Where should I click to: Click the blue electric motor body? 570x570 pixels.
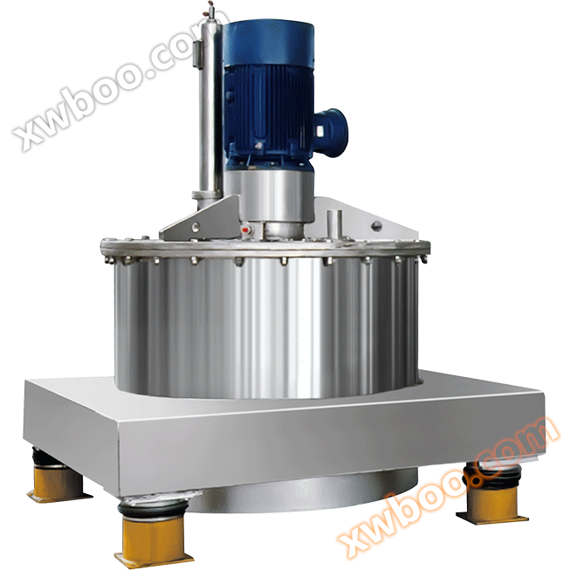point(268,94)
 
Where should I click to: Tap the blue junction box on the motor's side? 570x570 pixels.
point(330,133)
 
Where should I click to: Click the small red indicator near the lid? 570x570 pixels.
point(245,230)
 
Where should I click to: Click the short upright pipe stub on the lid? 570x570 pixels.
point(333,224)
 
